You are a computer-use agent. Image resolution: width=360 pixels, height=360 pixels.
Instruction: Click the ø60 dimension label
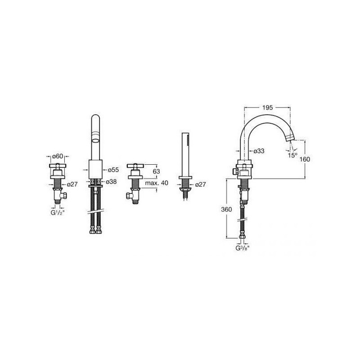pos(58,156)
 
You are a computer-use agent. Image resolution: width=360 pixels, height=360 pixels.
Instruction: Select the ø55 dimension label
pos(113,170)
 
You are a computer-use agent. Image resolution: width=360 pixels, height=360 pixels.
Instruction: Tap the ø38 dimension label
pos(111,182)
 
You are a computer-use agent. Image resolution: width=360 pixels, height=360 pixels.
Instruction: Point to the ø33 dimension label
pos(259,151)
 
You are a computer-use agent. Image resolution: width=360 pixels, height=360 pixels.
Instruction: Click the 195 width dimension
pos(267,108)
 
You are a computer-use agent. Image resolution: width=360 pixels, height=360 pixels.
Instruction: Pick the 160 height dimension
pos(305,159)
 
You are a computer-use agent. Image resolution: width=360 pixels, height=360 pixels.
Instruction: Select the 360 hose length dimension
pos(226,209)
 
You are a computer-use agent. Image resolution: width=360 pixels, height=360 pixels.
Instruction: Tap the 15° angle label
pos(293,155)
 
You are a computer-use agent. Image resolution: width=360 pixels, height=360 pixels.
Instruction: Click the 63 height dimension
pos(156,171)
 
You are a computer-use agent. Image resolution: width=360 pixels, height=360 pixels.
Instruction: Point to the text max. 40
pos(157,183)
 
